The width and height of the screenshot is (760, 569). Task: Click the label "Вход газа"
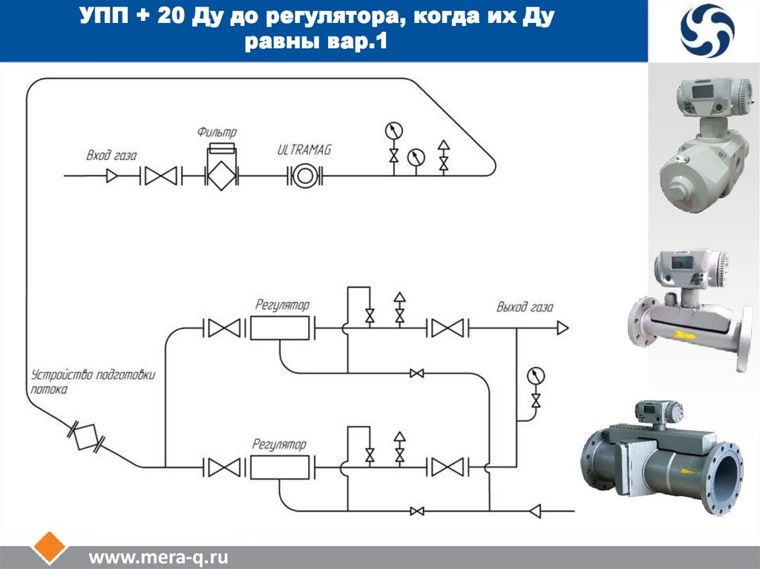click(111, 155)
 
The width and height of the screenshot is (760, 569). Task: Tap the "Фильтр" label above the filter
click(217, 132)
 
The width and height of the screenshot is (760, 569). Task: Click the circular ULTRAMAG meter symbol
click(303, 177)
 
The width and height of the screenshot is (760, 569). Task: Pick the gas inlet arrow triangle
click(113, 177)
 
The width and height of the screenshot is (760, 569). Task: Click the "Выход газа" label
click(525, 306)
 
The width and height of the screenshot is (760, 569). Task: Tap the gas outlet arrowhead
click(563, 327)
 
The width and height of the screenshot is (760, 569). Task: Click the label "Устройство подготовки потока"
click(93, 381)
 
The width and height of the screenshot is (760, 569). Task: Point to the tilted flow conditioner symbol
click(86, 437)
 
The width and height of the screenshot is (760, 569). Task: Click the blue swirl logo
click(707, 31)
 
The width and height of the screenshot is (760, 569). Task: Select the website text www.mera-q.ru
click(158, 557)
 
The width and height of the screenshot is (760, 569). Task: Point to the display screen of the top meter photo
click(701, 91)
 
